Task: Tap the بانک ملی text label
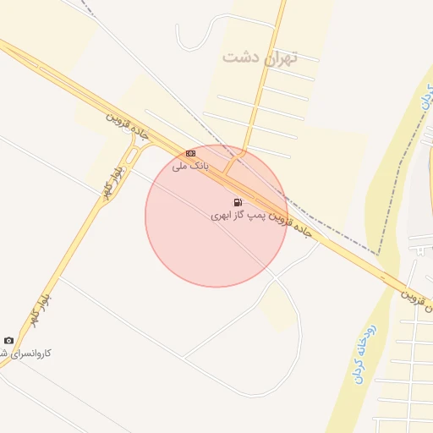click(189, 166)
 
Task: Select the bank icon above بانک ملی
click(190, 153)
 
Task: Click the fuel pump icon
click(238, 202)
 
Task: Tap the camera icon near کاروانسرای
click(9, 340)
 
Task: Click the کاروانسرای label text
click(25, 353)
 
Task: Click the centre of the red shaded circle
click(216, 216)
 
